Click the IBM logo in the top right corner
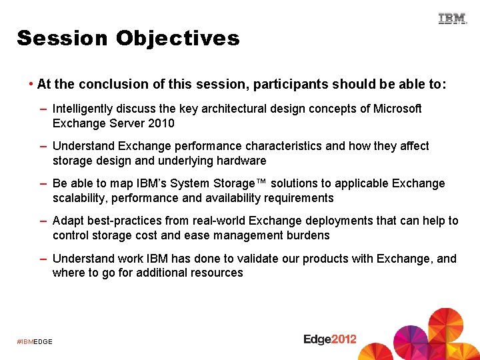(453, 19)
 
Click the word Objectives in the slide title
(177, 39)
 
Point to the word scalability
(81, 198)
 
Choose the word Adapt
(67, 221)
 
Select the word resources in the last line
(217, 273)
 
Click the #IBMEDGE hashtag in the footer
(35, 342)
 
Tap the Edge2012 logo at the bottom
(330, 339)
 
